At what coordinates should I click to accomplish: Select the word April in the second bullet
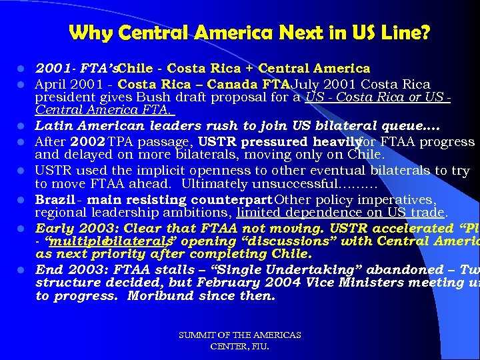tap(51, 85)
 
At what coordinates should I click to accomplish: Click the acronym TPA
tap(121, 142)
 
